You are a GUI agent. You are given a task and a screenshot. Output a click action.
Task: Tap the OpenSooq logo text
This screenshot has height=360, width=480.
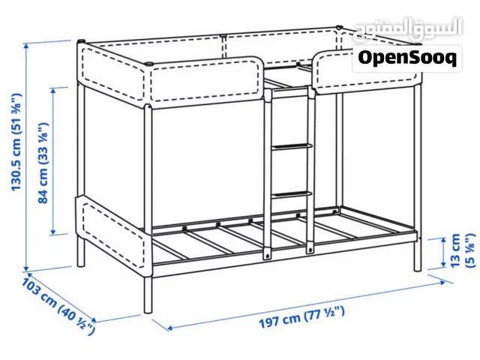pyautogui.click(x=406, y=57)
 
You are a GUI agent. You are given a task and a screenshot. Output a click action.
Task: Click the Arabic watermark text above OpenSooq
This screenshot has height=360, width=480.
pyautogui.click(x=404, y=32)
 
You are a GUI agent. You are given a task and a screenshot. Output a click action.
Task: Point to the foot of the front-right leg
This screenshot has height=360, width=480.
pyautogui.click(x=417, y=268)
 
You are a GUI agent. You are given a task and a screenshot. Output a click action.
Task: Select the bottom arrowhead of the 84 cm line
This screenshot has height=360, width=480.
pyautogui.click(x=55, y=231)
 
